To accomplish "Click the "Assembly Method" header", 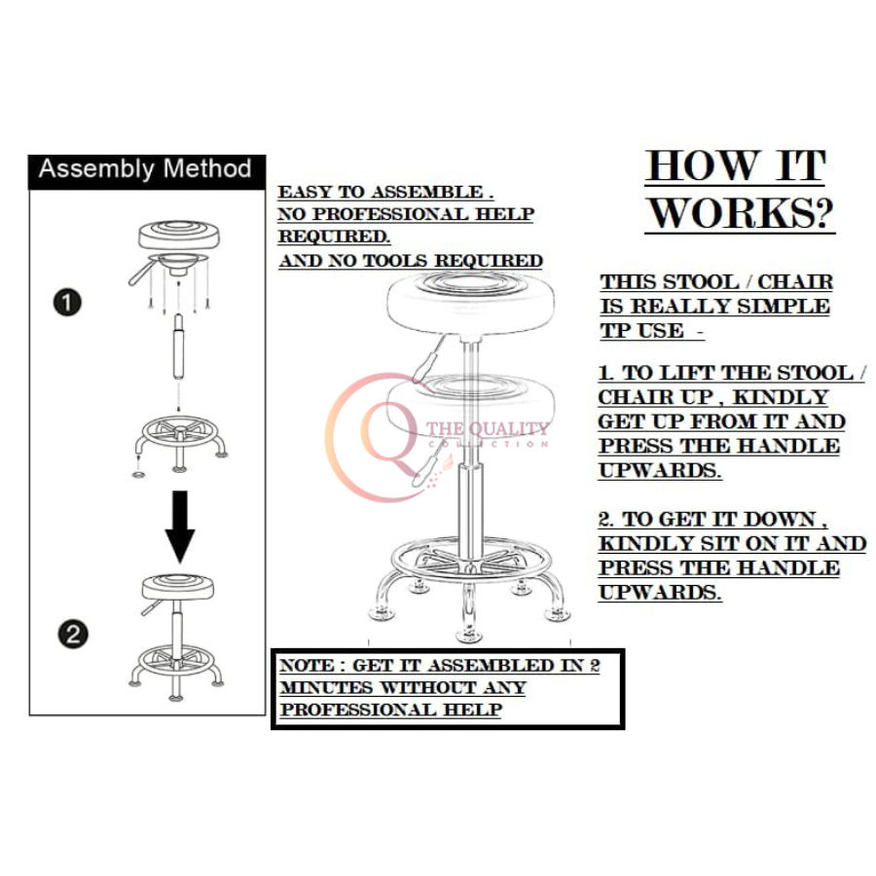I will (x=144, y=169).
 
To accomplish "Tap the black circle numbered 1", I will (x=67, y=303).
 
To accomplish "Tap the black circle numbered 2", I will (x=73, y=636).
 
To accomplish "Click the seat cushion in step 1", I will (x=178, y=235).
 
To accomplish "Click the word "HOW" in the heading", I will (x=703, y=166).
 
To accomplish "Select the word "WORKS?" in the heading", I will (x=741, y=213).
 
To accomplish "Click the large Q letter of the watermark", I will (x=376, y=435).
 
